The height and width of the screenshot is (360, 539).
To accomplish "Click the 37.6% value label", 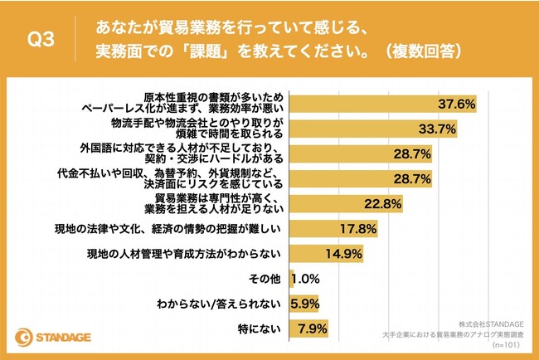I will click(x=457, y=104).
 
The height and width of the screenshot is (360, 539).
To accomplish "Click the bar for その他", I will click(x=289, y=279).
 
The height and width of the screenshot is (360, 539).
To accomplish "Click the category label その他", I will click(x=265, y=279).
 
